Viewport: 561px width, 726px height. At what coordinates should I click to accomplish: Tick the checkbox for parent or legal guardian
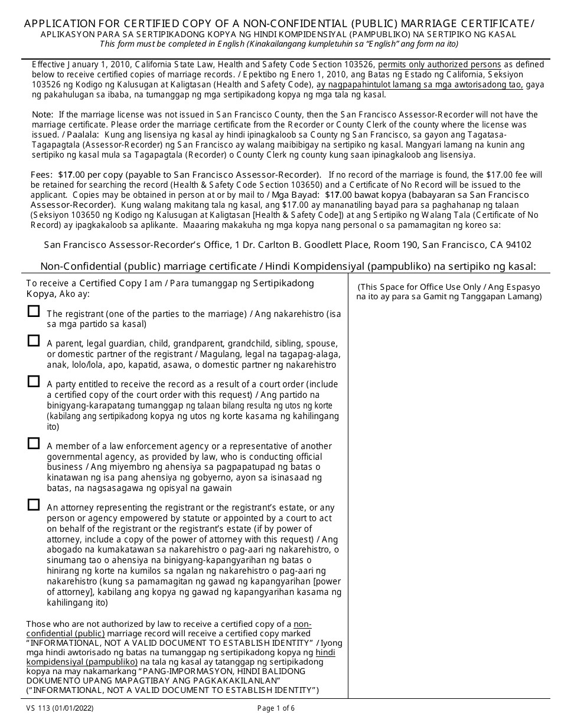coord(34,341)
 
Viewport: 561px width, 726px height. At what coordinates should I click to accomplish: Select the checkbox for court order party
coord(34,381)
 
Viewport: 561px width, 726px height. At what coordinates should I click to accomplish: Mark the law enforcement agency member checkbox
coord(34,443)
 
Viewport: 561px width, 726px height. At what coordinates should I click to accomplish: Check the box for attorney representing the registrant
coord(34,505)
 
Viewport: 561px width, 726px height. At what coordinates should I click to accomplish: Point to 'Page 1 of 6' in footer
coord(279,708)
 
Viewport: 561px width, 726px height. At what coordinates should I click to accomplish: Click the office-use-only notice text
coord(449,292)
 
